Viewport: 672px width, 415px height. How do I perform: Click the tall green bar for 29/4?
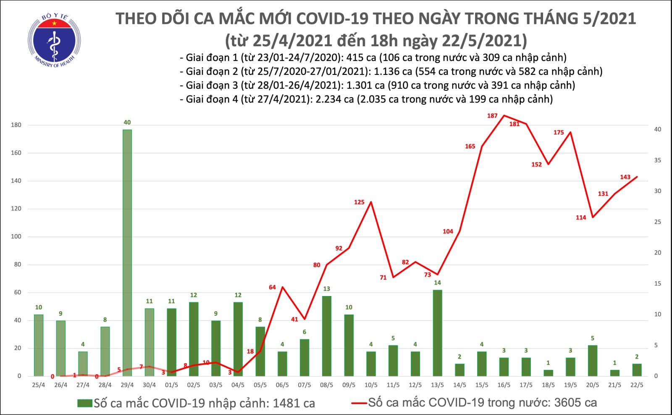pos(127,252)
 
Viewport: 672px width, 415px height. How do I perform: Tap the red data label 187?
pos(492,116)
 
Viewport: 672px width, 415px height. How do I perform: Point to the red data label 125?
pos(359,202)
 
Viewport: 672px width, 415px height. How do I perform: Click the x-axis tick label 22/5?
pos(637,385)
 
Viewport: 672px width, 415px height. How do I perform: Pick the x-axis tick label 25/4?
pos(38,385)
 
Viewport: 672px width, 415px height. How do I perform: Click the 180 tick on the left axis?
pos(16,125)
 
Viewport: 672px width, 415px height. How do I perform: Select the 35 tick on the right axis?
pos(658,160)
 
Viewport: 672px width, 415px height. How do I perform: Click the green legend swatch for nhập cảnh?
pos(85,404)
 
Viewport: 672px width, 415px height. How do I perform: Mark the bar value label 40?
pos(127,122)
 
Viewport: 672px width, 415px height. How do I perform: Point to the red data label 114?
pos(581,217)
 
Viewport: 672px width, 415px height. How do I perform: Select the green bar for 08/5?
pos(326,336)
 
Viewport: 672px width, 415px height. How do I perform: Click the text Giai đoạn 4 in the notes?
pos(211,100)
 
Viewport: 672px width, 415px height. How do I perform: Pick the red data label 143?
pos(625,177)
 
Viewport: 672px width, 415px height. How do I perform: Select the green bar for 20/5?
pos(592,360)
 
